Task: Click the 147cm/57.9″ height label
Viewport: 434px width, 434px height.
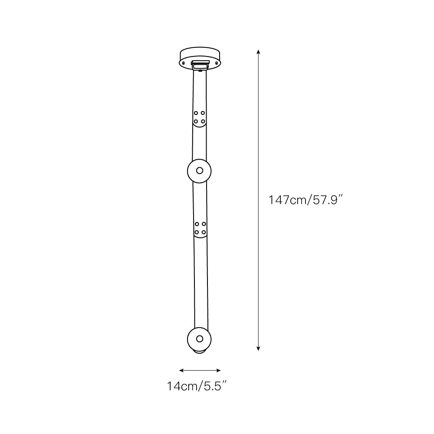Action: (306, 201)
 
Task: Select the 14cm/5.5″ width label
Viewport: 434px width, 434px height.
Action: (197, 386)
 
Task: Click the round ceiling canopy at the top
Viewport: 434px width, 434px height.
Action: (200, 56)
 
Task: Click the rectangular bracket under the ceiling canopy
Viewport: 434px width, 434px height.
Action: (200, 65)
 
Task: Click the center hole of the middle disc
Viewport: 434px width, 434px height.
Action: (199, 171)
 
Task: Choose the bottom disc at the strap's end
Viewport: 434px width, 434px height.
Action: (200, 339)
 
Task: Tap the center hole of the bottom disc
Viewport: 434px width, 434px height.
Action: (200, 339)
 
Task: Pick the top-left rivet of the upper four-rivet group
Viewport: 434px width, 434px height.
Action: (196, 113)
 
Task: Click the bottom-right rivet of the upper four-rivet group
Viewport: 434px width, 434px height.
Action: (203, 121)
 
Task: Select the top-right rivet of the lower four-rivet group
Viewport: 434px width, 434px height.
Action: (204, 224)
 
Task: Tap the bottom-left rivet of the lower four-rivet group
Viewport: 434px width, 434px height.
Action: (197, 232)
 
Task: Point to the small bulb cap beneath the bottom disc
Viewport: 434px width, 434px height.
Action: (200, 352)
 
